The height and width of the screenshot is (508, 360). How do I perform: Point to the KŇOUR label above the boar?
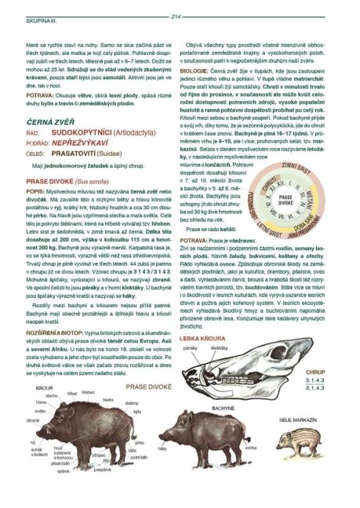pos(45,387)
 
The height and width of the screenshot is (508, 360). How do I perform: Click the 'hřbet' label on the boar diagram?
pos(72,393)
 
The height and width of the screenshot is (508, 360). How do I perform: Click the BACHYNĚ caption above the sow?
pos(220,408)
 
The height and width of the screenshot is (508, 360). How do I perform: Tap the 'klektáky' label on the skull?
pos(220,346)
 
